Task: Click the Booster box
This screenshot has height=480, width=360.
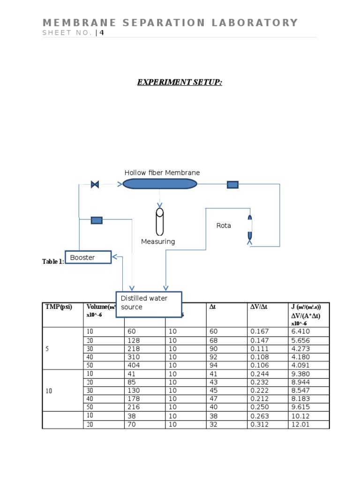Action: click(x=88, y=257)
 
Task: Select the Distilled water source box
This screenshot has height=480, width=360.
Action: click(x=149, y=303)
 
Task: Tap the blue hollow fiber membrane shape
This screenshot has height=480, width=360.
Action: click(x=159, y=184)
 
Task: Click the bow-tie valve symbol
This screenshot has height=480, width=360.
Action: click(x=95, y=185)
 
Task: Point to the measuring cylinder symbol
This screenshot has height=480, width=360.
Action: click(x=160, y=222)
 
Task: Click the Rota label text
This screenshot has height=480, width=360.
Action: click(x=224, y=225)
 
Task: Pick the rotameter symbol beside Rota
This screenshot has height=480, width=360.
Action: click(x=249, y=230)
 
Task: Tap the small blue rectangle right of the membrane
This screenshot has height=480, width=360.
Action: click(x=232, y=185)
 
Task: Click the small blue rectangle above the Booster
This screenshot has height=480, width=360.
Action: click(x=97, y=220)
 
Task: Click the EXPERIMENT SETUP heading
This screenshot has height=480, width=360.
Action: click(x=180, y=82)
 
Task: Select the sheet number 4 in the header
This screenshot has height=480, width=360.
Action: click(x=101, y=33)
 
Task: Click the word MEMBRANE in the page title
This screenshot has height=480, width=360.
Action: click(x=73, y=22)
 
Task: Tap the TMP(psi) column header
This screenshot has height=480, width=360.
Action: click(x=59, y=307)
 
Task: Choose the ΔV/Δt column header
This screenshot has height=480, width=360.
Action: click(x=260, y=307)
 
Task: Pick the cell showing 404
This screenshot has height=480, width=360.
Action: click(x=134, y=366)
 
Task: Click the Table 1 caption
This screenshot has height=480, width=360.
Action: click(x=53, y=262)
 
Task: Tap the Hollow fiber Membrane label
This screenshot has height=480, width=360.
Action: click(x=162, y=173)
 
